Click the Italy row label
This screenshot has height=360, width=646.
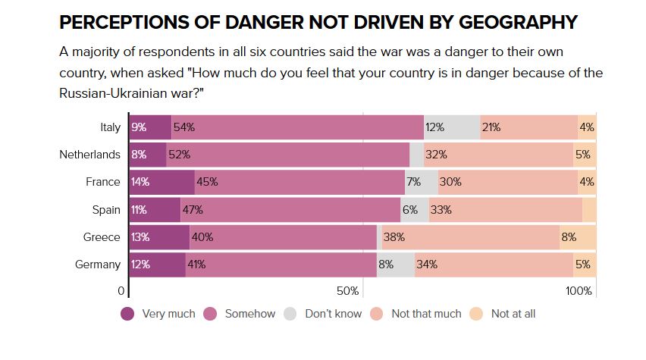109,127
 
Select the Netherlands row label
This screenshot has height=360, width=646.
89,155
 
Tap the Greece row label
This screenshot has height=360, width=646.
102,237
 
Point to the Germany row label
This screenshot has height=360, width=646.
98,265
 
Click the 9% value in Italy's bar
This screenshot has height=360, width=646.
139,127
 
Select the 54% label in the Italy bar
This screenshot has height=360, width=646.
184,127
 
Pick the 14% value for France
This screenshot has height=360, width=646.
140,182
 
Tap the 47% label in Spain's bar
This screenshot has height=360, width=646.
192,210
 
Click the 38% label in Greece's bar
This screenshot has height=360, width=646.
394,237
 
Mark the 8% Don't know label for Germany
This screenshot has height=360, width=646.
386,265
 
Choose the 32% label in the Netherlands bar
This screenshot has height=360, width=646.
436,155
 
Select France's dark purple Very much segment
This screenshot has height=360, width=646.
161,182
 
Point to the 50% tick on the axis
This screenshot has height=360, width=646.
347,291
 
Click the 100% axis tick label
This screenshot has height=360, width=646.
579,291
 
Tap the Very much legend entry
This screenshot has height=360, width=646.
158,313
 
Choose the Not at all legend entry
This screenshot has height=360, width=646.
503,313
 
